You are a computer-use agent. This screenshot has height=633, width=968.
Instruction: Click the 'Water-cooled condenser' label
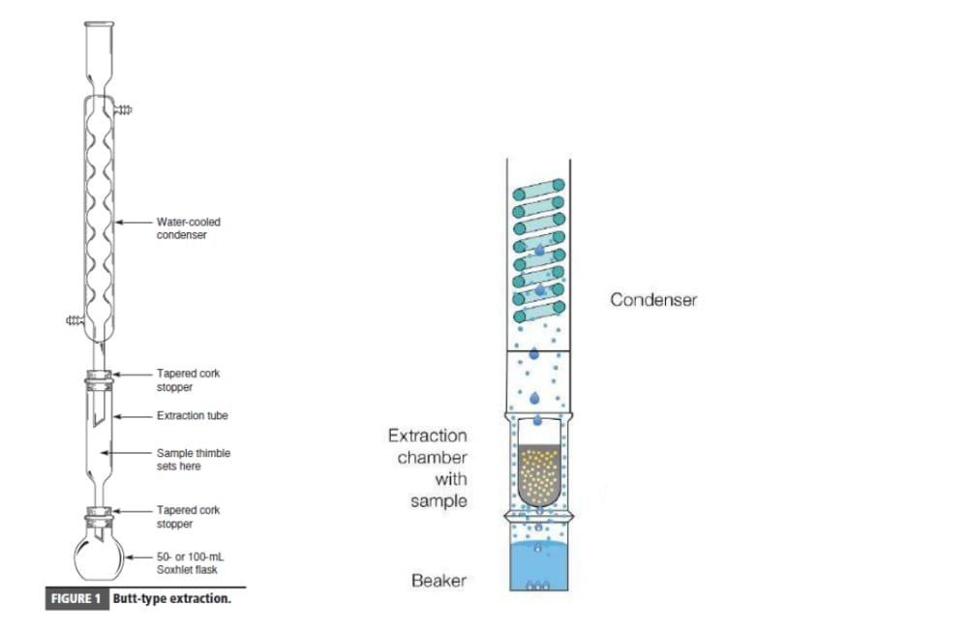click(x=189, y=227)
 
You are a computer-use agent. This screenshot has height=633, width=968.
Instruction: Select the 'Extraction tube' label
click(x=192, y=415)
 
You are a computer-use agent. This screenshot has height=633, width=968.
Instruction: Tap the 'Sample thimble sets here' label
click(x=194, y=460)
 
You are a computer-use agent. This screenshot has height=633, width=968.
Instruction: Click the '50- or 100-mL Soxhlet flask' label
click(x=190, y=562)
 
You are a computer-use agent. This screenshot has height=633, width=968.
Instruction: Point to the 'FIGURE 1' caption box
click(x=76, y=598)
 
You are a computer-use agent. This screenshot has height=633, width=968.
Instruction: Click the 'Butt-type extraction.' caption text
click(x=171, y=598)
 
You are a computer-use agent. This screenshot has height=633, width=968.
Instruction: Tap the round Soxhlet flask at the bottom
click(x=99, y=558)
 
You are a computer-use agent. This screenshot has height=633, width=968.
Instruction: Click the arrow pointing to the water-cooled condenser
click(x=134, y=223)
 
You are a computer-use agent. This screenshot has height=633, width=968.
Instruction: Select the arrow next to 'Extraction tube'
click(x=132, y=416)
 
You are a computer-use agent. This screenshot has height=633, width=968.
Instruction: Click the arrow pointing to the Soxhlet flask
click(x=138, y=558)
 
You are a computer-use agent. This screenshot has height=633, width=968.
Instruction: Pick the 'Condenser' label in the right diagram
click(x=653, y=300)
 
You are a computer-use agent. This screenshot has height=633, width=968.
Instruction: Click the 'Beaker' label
click(x=439, y=581)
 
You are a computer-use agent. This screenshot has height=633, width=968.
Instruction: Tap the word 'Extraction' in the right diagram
click(x=427, y=436)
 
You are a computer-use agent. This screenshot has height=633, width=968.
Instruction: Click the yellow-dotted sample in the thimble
click(x=539, y=474)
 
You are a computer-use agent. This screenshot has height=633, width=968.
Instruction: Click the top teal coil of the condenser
click(x=539, y=190)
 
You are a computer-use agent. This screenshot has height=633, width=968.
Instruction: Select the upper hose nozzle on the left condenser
click(x=124, y=110)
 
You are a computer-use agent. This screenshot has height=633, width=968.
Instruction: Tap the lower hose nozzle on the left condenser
click(x=76, y=320)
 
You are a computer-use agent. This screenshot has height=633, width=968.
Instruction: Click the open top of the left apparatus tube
click(x=99, y=25)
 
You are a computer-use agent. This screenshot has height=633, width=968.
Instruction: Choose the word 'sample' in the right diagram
click(x=439, y=500)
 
